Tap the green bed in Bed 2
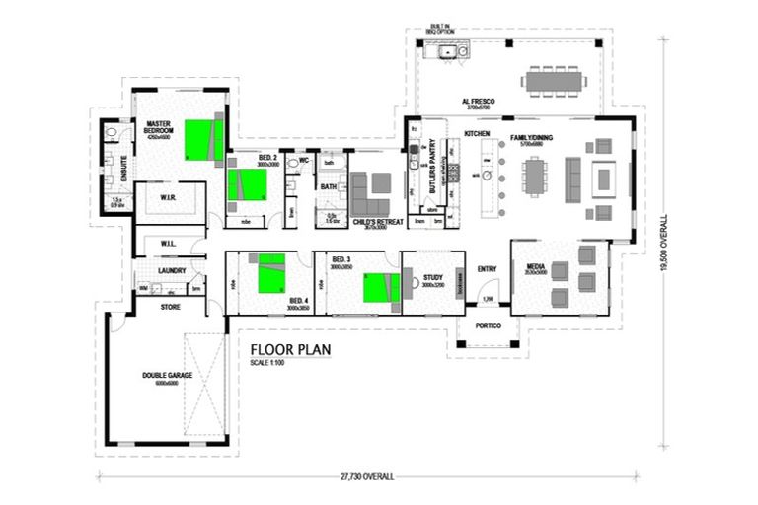tap(247, 185)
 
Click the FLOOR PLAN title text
tap(290, 348)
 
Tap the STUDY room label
tap(434, 279)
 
